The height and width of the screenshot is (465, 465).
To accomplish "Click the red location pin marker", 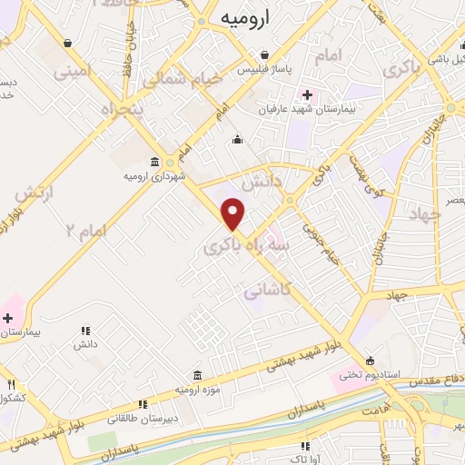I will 234,213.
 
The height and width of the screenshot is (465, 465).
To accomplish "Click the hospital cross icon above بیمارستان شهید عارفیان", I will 307,94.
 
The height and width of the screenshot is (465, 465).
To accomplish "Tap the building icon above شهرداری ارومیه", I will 155,163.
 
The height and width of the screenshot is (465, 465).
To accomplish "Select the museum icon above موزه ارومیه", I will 197,376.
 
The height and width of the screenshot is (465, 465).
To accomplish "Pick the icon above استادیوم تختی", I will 369,358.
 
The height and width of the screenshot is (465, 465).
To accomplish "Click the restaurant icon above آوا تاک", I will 305,446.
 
